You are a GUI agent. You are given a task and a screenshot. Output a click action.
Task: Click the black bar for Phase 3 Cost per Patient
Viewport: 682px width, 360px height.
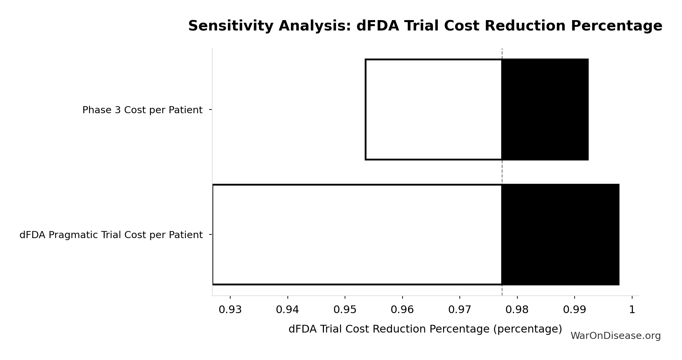(545, 110)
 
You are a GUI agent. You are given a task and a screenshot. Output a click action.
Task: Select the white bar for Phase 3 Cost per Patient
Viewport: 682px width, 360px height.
(433, 110)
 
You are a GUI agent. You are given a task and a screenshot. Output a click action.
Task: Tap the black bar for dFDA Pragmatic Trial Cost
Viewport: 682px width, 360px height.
(560, 234)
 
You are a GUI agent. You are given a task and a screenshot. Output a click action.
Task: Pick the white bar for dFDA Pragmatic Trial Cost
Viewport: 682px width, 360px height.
(357, 234)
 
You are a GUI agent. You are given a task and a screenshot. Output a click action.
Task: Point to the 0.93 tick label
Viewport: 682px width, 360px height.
(230, 310)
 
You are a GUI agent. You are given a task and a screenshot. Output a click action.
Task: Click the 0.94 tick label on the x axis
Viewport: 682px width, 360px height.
(287, 310)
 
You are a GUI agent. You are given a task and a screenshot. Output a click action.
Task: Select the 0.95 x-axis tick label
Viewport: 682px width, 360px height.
(345, 310)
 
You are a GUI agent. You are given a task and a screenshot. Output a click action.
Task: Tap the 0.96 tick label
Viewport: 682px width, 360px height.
(402, 310)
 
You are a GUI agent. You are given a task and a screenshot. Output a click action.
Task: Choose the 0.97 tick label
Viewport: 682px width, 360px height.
(460, 310)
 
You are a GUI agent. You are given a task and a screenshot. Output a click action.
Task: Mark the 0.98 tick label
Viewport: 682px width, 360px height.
(517, 310)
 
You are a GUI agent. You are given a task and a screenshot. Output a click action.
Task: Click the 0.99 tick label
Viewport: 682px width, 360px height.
(575, 310)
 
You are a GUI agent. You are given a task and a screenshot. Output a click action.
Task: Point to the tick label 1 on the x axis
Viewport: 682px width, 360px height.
(632, 310)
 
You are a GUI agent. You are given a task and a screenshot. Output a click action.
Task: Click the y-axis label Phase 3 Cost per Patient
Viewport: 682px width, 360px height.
(142, 110)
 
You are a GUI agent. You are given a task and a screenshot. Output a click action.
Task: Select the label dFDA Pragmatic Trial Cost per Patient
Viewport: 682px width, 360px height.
(111, 235)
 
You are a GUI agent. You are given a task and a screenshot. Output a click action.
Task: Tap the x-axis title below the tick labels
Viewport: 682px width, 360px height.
(425, 329)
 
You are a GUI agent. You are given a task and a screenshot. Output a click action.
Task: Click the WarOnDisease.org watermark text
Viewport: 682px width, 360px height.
(615, 336)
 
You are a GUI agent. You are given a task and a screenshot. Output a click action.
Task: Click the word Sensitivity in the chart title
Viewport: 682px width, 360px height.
(231, 26)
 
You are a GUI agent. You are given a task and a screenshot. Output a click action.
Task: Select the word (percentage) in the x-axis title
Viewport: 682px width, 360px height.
(527, 329)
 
